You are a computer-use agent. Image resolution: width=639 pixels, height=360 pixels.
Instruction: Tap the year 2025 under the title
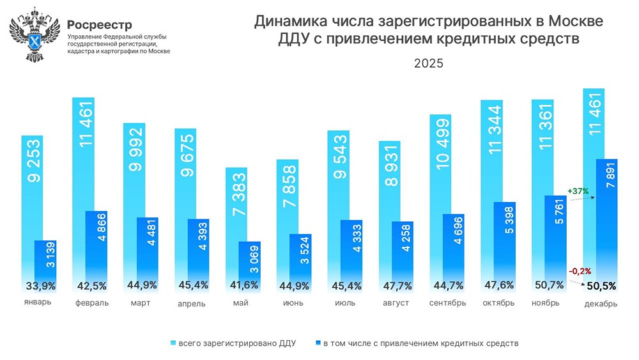428,64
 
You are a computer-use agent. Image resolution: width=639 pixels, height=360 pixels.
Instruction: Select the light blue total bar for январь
32,192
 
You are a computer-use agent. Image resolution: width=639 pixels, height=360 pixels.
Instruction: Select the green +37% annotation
578,191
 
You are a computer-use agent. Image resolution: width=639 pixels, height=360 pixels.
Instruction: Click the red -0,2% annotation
578,270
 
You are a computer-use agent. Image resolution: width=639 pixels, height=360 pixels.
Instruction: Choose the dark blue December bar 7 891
606,217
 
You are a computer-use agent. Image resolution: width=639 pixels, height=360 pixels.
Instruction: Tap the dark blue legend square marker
318,343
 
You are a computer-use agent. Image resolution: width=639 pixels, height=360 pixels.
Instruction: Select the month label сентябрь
446,303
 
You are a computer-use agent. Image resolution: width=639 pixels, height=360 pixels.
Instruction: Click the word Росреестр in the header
100,25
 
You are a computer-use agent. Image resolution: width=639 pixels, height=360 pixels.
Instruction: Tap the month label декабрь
601,304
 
